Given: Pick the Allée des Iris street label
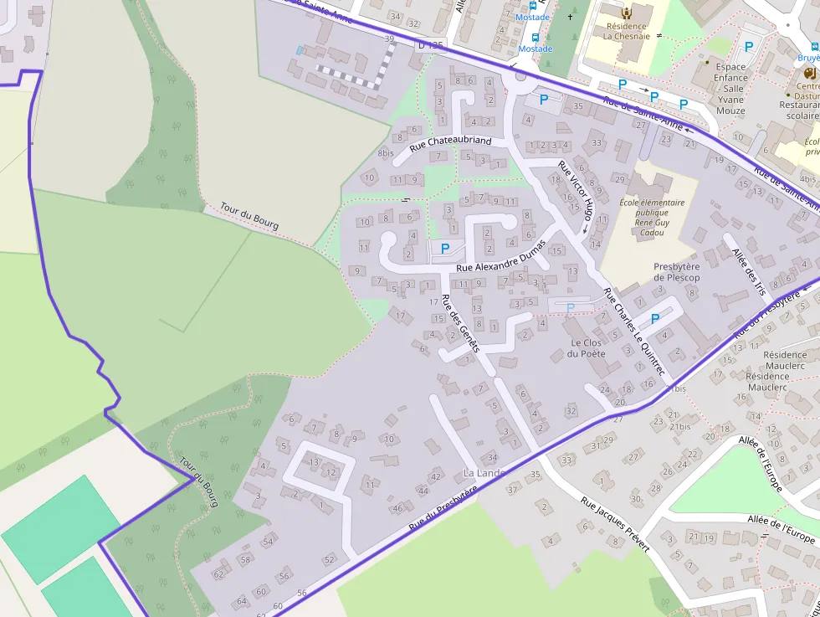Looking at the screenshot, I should [749, 271].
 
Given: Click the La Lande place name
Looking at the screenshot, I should [484, 473].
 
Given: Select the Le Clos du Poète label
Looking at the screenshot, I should [586, 348].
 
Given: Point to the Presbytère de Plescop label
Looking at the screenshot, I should [676, 272].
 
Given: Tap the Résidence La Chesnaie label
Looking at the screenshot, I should [626, 31].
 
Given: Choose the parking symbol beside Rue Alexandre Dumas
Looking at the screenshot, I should [445, 249].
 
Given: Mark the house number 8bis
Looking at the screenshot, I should [386, 153].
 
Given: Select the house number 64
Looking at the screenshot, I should [242, 601].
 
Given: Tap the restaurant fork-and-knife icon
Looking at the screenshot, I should [809, 74].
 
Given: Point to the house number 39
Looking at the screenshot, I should [389, 39].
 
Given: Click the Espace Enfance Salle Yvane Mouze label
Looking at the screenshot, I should [730, 89].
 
